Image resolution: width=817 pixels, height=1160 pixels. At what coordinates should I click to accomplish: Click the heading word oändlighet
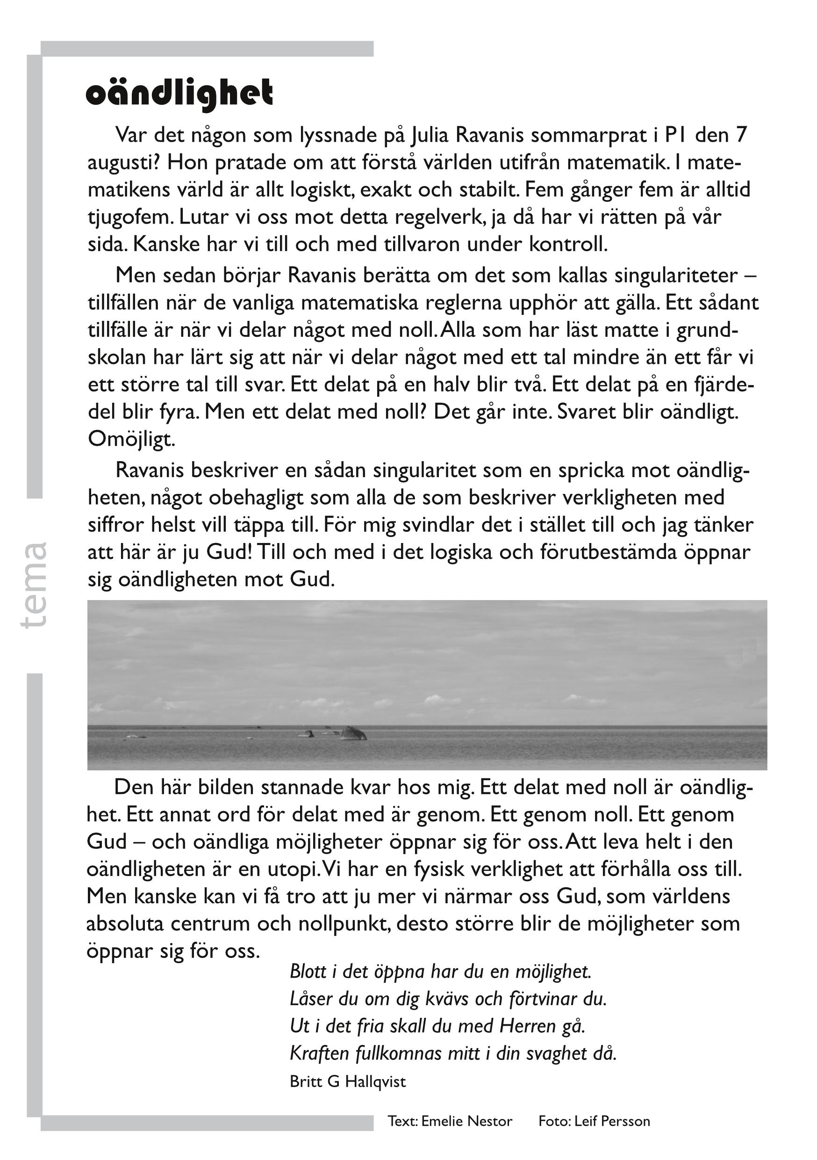pyautogui.click(x=179, y=94)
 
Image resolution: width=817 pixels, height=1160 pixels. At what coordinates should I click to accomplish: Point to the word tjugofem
pyautogui.click(x=130, y=217)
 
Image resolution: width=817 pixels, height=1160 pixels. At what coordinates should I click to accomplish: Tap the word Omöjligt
pyautogui.click(x=131, y=440)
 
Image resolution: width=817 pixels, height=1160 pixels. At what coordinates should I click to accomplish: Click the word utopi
pyautogui.click(x=294, y=869)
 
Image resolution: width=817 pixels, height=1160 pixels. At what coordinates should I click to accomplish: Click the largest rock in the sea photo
pyautogui.click(x=353, y=733)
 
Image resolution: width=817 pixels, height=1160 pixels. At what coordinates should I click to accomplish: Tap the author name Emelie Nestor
pyautogui.click(x=466, y=1121)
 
